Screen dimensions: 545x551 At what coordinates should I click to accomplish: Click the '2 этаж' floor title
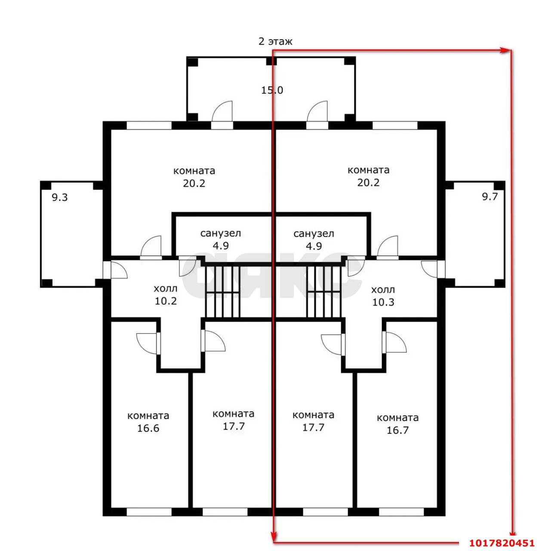click(275, 42)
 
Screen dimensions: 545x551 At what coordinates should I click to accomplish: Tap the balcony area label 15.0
click(272, 90)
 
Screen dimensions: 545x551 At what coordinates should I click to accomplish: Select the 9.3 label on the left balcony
click(59, 197)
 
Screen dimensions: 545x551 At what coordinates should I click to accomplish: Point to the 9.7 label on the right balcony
click(490, 197)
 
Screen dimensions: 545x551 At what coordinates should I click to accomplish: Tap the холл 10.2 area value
click(166, 301)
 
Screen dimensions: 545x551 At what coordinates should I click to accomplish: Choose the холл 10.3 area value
click(383, 302)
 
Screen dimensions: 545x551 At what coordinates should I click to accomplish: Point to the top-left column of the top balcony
click(192, 62)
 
